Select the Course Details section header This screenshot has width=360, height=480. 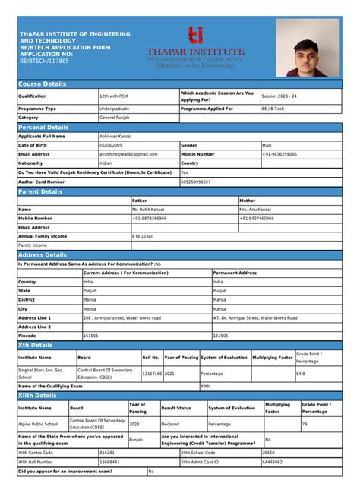43,84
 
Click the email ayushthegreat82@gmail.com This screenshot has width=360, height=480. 128,154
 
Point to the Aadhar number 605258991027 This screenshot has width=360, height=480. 196,182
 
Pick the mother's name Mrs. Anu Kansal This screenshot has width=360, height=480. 255,209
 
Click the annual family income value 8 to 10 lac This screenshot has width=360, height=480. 144,236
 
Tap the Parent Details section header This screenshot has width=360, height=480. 41,191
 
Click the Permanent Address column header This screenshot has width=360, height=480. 235,273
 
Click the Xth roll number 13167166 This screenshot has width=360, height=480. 152,373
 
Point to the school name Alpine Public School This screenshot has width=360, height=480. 38,424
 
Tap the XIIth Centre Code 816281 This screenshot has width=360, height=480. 108,453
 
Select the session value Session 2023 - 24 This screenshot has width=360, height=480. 280,96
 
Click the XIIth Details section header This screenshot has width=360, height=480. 37,396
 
